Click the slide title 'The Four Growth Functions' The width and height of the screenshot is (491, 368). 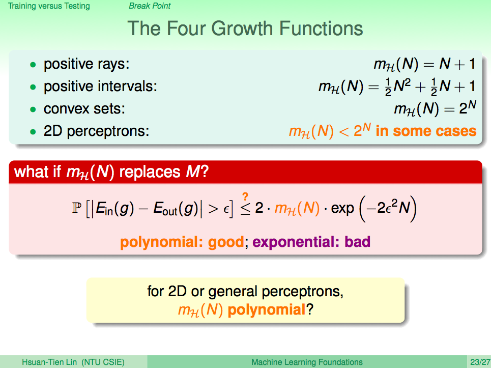point(245,29)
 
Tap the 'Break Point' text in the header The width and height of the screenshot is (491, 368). point(150,6)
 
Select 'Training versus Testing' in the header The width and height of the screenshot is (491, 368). point(49,6)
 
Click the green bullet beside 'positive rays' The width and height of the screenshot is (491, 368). point(33,65)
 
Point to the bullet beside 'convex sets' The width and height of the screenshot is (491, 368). point(33,109)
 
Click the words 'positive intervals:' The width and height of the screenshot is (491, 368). point(100,86)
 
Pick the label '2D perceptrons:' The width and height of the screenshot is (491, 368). point(97,131)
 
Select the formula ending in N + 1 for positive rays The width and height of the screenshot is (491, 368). point(425,64)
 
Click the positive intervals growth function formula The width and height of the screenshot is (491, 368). point(397,87)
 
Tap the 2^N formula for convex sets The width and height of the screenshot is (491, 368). point(435,108)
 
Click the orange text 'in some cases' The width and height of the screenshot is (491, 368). point(426,131)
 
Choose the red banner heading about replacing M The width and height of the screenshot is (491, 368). point(111,172)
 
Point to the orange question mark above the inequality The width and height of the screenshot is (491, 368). point(245,196)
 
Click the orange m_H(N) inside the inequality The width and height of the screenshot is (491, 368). point(297,208)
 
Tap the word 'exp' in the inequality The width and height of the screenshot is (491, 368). point(342,209)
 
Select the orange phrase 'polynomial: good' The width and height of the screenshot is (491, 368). point(182,242)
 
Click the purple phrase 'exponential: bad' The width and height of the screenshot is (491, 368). point(311,242)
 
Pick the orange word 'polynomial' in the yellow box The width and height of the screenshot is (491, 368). point(267,310)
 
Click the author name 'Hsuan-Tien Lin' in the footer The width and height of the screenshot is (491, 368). point(49,362)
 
